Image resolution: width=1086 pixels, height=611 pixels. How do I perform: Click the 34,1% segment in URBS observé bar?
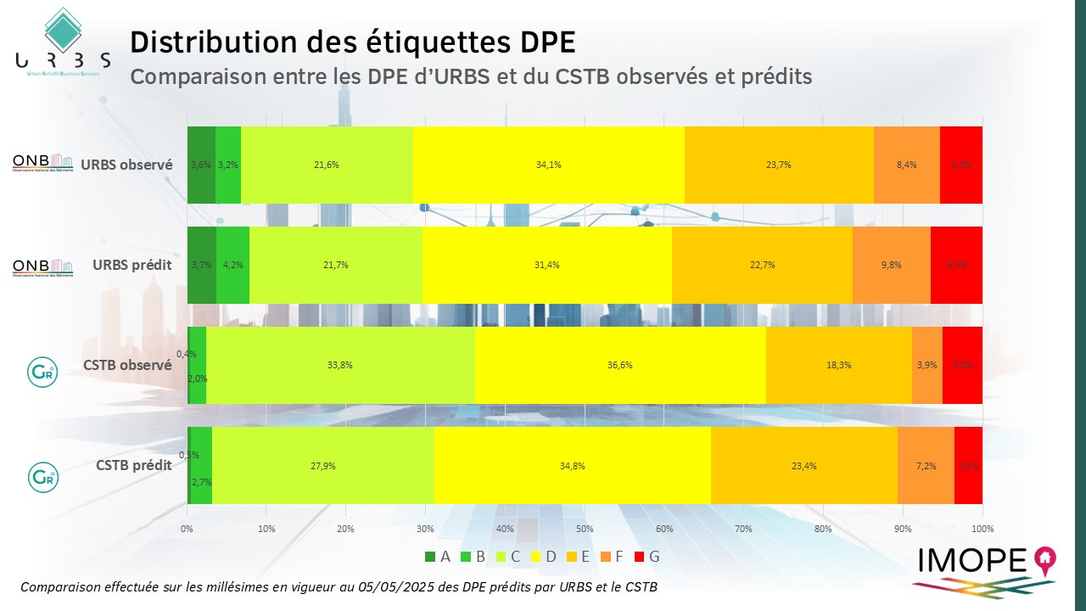pos(548,165)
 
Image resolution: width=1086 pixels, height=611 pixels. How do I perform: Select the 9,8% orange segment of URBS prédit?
pos(891,265)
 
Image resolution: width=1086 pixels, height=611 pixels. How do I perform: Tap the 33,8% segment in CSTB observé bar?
pos(340,365)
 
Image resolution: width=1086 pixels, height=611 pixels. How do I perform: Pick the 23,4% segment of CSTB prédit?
pos(803,465)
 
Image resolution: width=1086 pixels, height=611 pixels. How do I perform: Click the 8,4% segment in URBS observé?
pos(906,165)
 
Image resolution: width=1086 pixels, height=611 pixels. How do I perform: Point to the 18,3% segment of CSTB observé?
pos(838,365)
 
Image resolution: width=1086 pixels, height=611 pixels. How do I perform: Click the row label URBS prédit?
pos(132,265)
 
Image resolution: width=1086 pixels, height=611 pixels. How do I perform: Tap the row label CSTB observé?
pos(127,365)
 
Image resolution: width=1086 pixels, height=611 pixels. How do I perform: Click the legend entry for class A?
pos(439,557)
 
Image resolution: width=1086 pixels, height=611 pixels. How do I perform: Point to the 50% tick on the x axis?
pos(585,529)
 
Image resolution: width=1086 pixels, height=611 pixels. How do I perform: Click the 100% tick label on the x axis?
pos(982,529)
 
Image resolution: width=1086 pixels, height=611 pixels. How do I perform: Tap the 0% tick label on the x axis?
pos(188,529)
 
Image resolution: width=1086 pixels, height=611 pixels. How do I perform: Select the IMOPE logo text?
pos(972,561)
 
